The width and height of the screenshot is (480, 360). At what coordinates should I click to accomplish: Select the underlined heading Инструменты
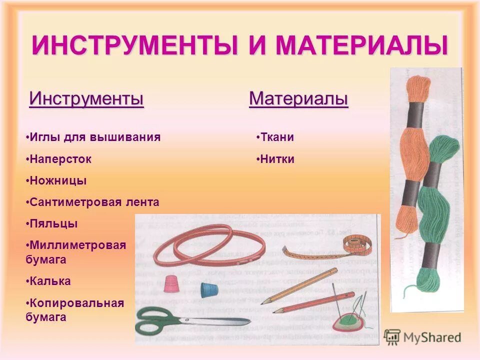pos(86,98)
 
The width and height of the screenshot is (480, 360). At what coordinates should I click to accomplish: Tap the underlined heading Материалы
pos(298,98)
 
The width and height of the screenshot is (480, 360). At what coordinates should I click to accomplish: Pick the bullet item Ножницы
pos(58,180)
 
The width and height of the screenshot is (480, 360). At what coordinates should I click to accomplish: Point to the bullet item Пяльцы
pos(53,223)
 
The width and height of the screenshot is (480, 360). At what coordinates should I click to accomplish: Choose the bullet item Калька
pos(50,281)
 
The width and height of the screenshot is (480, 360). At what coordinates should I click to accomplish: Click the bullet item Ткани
pos(276,137)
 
